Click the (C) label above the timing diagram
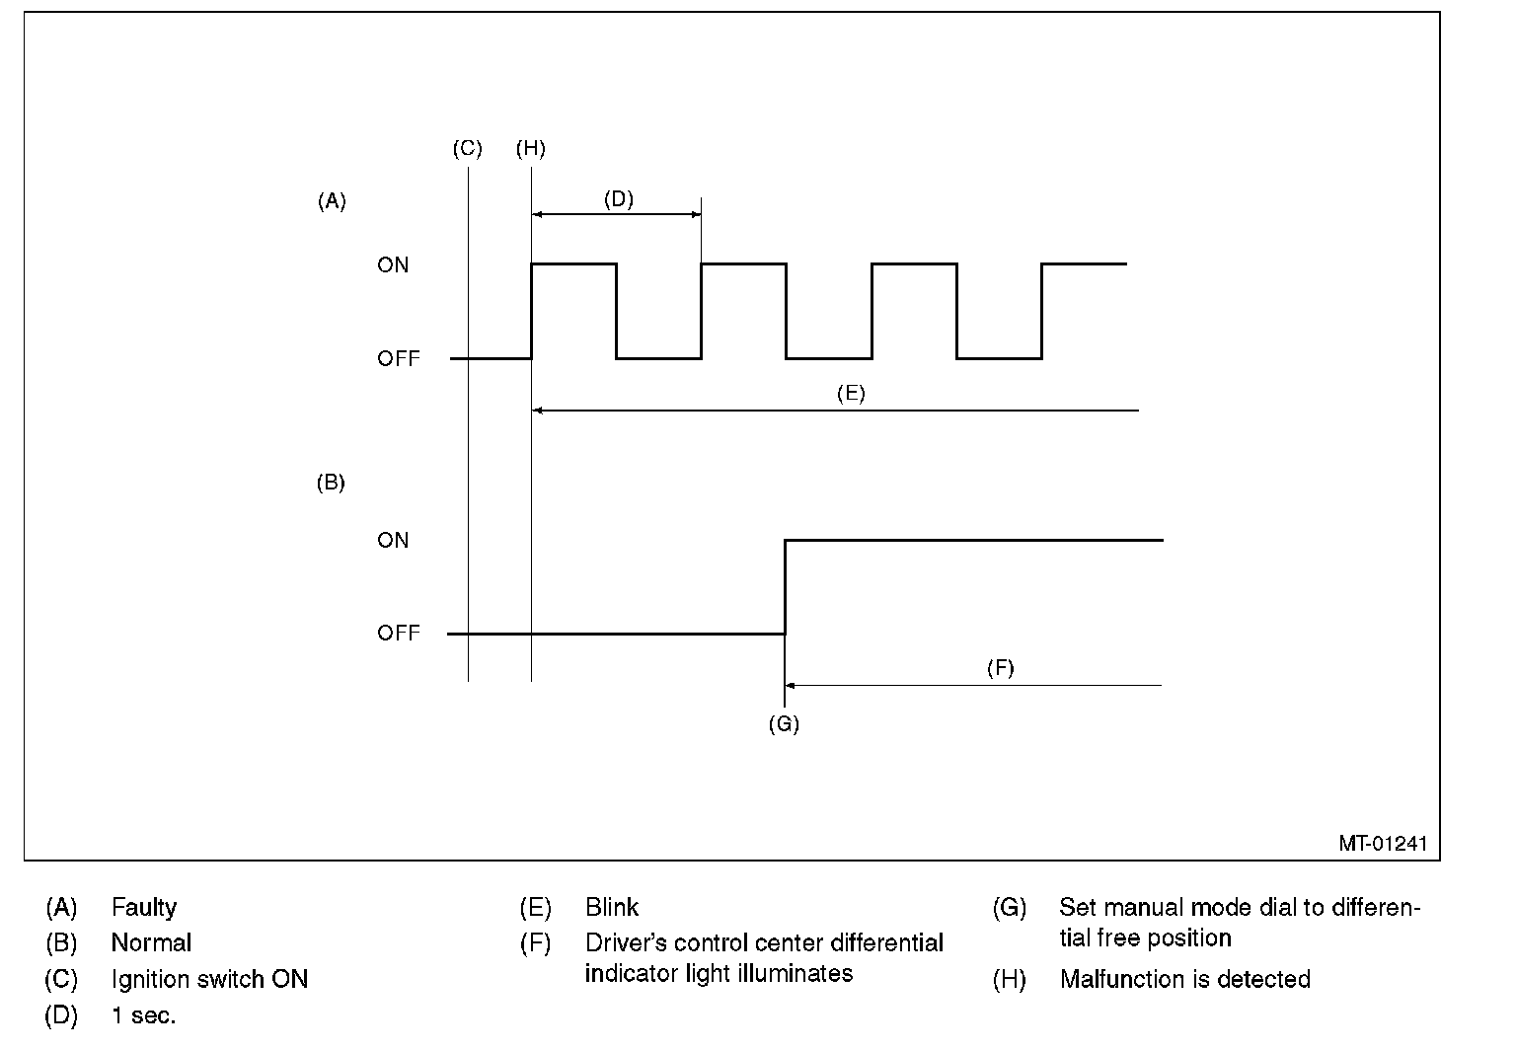click(467, 149)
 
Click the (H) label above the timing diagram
click(530, 149)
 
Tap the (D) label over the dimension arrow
click(618, 199)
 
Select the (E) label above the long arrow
click(851, 394)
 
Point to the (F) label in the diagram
click(1000, 668)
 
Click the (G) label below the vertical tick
click(784, 724)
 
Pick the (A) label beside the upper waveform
click(332, 201)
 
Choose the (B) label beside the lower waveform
click(331, 483)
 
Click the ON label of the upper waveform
click(393, 265)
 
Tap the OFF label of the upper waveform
click(398, 359)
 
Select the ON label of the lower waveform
click(393, 541)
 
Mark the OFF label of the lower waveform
click(398, 634)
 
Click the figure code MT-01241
click(1382, 844)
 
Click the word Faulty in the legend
click(144, 907)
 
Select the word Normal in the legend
click(151, 942)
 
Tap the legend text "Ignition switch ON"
click(209, 979)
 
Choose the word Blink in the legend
click(612, 907)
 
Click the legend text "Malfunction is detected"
click(1184, 979)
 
